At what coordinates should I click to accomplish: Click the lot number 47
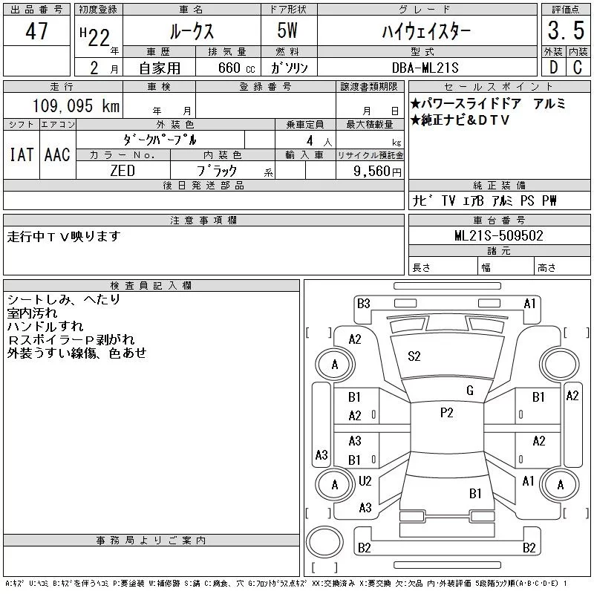click(36, 32)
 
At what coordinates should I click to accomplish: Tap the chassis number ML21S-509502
click(499, 236)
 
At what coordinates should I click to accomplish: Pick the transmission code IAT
click(21, 155)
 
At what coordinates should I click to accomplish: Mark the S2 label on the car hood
click(414, 356)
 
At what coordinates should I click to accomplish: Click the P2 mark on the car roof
click(446, 413)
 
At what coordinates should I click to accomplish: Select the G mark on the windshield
click(470, 391)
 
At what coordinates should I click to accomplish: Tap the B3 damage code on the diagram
click(363, 303)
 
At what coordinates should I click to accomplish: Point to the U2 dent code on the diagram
click(365, 481)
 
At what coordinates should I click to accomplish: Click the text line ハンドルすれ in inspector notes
click(45, 327)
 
